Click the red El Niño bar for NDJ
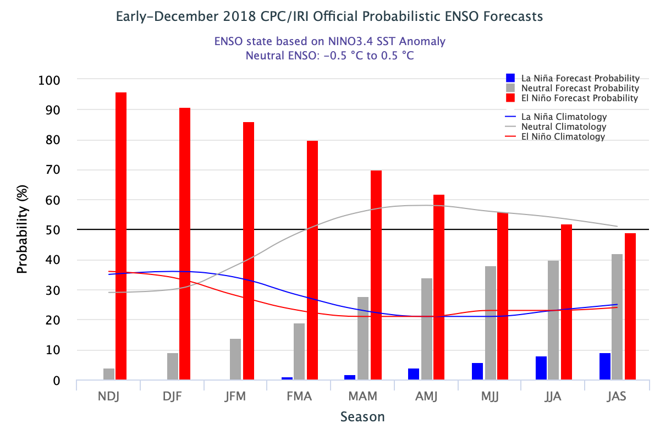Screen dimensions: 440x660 click(x=121, y=237)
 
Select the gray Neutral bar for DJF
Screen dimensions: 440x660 click(x=173, y=366)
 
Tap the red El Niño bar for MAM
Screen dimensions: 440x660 click(x=376, y=275)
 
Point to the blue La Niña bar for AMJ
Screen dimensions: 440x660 click(x=414, y=374)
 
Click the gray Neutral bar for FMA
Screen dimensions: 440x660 click(x=299, y=352)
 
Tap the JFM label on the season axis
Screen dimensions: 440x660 click(x=235, y=396)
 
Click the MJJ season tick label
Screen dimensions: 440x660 click(x=490, y=396)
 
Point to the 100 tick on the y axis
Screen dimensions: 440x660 click(x=49, y=80)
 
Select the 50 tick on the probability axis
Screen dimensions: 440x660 click(x=52, y=230)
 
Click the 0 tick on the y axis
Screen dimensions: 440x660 click(x=57, y=381)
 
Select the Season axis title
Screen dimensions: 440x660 click(x=362, y=417)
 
